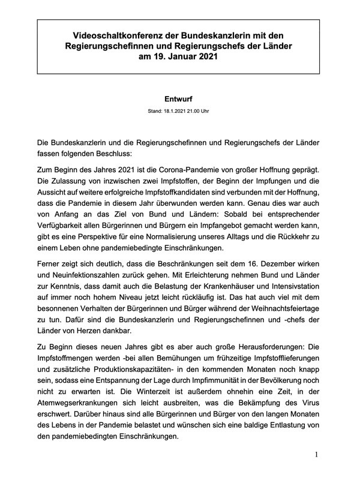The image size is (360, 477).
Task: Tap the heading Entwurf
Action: point(179,98)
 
